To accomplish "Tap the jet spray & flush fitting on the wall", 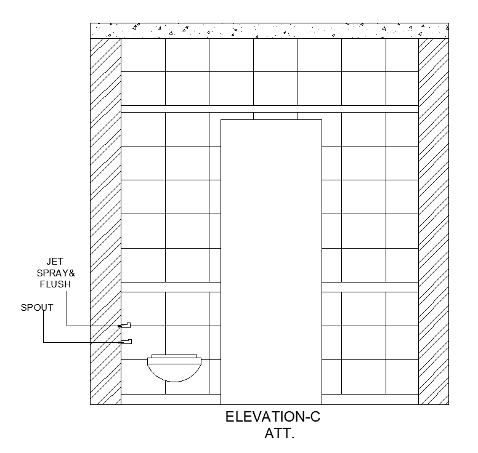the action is point(126,324).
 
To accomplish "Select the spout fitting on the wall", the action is point(126,341).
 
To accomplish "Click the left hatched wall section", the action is point(105,222).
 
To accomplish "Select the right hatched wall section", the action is point(434,222).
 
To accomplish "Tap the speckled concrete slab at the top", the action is point(269,30).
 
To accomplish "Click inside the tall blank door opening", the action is point(271,259).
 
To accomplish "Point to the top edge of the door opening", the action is point(271,119).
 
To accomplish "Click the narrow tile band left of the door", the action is point(171,287).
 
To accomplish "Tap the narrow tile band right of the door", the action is point(370,287).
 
